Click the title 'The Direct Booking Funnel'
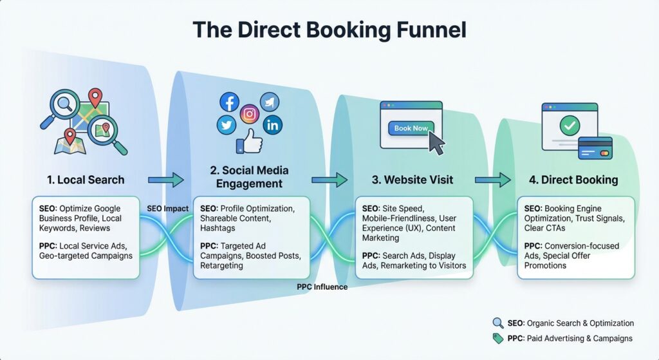(329, 29)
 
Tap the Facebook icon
(228, 102)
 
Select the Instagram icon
(249, 114)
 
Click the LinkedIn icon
(272, 125)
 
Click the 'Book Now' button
(411, 128)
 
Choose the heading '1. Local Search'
(86, 180)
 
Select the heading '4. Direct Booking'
(573, 180)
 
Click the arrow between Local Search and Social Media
(166, 180)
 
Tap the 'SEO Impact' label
(167, 209)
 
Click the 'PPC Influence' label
(322, 287)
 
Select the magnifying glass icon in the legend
(497, 323)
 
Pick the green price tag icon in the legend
(497, 338)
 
